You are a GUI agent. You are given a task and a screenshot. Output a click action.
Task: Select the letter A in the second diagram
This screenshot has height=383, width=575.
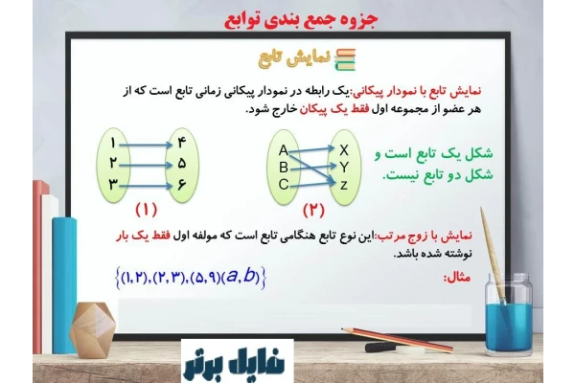[x=284, y=150]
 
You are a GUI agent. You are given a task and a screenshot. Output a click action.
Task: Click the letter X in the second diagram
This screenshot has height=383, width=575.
[x=344, y=149]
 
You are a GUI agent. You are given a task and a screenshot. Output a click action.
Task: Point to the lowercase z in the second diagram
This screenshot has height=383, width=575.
[x=344, y=184]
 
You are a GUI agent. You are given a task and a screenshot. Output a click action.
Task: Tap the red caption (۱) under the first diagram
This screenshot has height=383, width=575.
[x=147, y=210]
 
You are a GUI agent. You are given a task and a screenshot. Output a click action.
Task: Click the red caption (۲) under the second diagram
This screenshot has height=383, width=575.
[x=314, y=210]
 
